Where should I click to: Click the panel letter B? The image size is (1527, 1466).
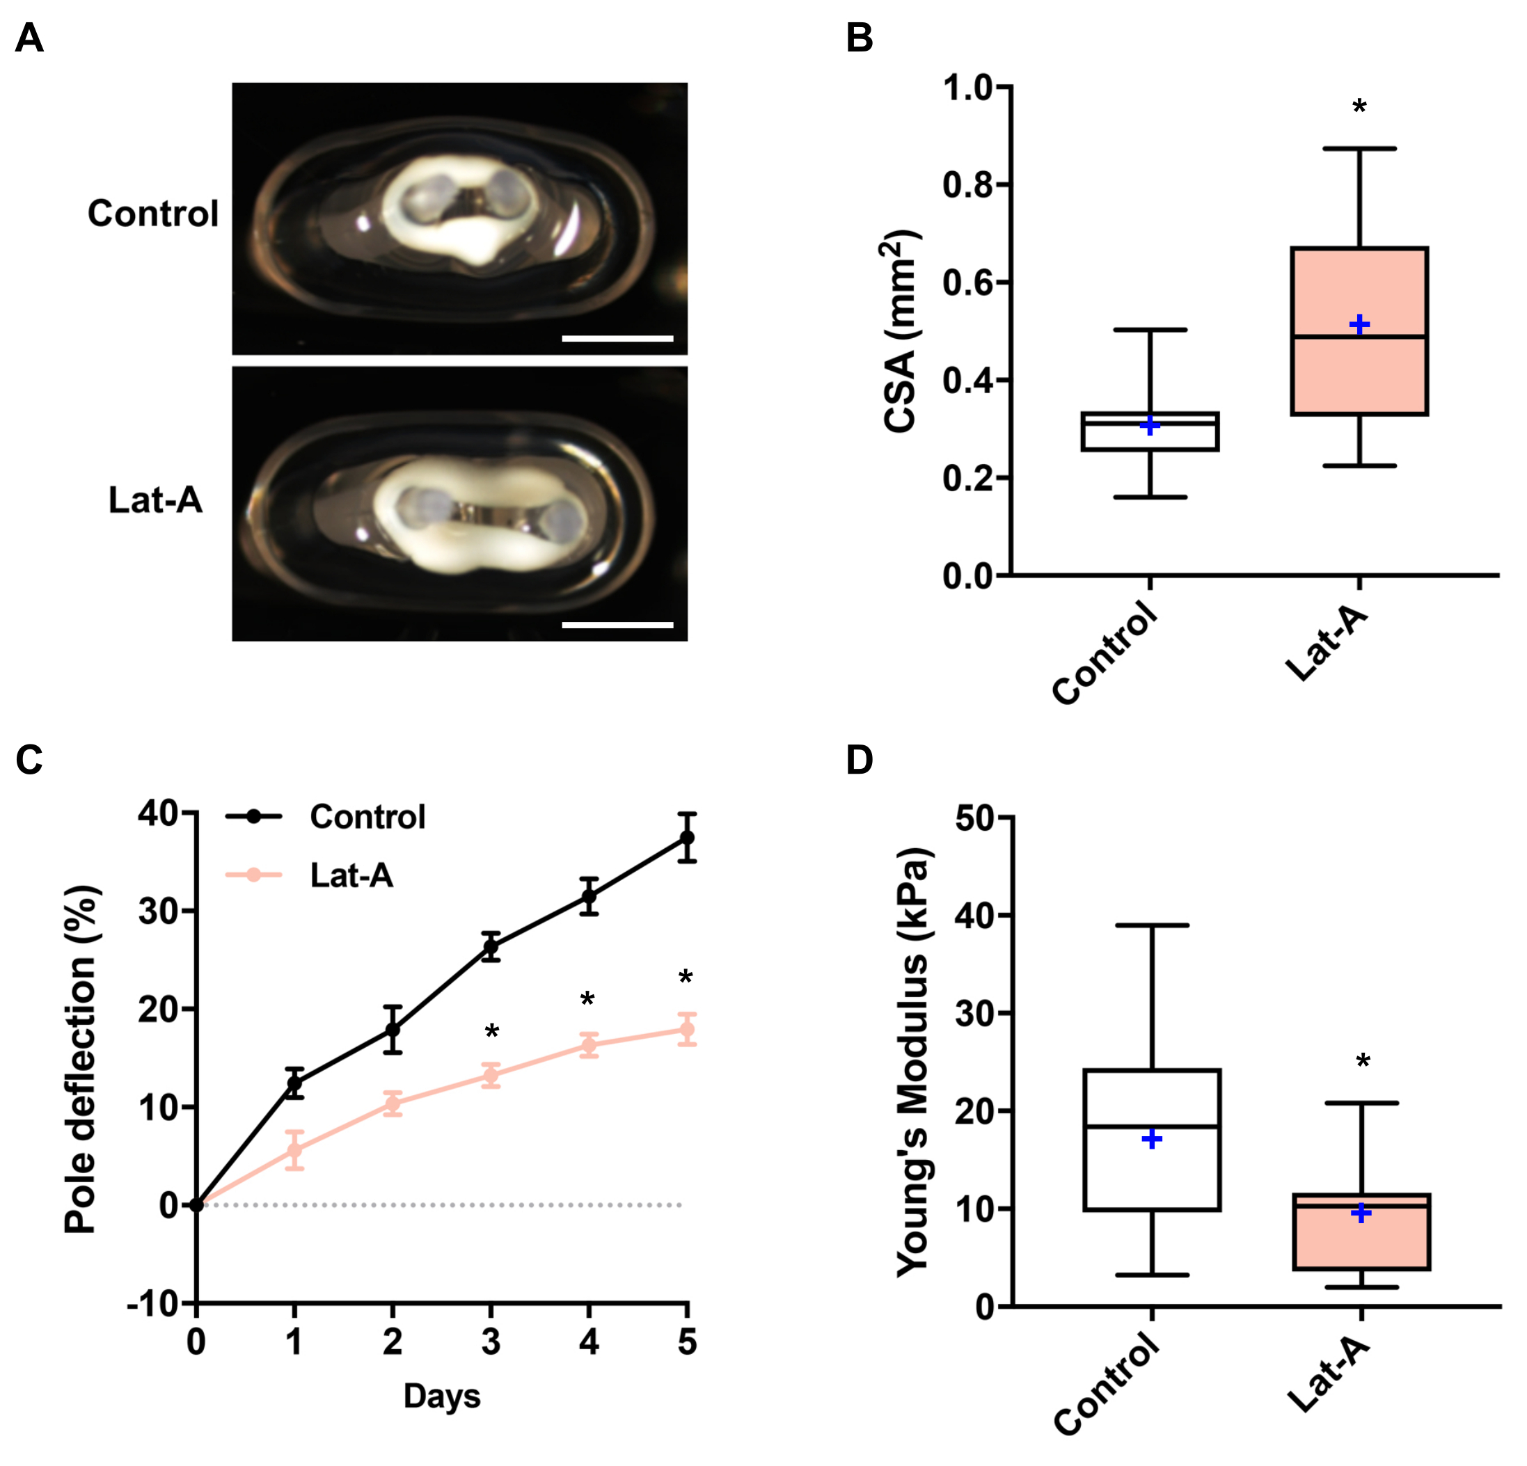click(860, 38)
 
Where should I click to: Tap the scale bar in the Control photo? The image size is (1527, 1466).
click(617, 339)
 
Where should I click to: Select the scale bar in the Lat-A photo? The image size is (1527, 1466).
click(617, 625)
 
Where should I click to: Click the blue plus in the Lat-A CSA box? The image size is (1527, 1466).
click(1359, 324)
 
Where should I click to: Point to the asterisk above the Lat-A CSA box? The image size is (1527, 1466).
click(1359, 106)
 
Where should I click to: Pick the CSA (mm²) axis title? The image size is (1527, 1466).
click(901, 331)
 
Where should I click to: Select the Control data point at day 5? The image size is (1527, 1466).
click(686, 838)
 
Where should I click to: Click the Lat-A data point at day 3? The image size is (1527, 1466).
click(491, 1076)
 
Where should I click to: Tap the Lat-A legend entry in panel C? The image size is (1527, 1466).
click(351, 875)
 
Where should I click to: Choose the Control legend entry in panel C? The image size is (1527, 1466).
click(366, 816)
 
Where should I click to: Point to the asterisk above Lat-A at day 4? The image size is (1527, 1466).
click(588, 999)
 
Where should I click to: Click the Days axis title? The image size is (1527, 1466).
click(442, 1396)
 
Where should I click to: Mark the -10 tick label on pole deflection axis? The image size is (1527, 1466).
click(155, 1303)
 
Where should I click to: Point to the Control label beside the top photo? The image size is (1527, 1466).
click(152, 214)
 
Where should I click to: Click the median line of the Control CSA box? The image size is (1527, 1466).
click(1150, 422)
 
